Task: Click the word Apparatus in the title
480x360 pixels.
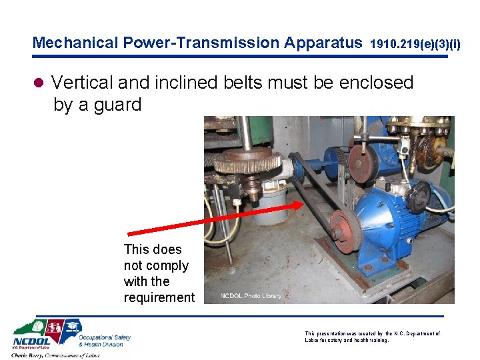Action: tap(323, 43)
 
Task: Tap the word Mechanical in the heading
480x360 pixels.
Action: tap(75, 43)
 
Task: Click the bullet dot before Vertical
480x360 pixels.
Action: tap(39, 83)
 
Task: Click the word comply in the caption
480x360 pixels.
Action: tap(166, 265)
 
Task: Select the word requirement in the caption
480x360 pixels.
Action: tap(159, 297)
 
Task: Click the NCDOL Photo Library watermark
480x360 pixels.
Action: tap(251, 295)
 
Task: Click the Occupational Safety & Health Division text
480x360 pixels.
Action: tap(105, 341)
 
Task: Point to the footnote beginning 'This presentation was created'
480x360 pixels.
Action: tap(371, 336)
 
